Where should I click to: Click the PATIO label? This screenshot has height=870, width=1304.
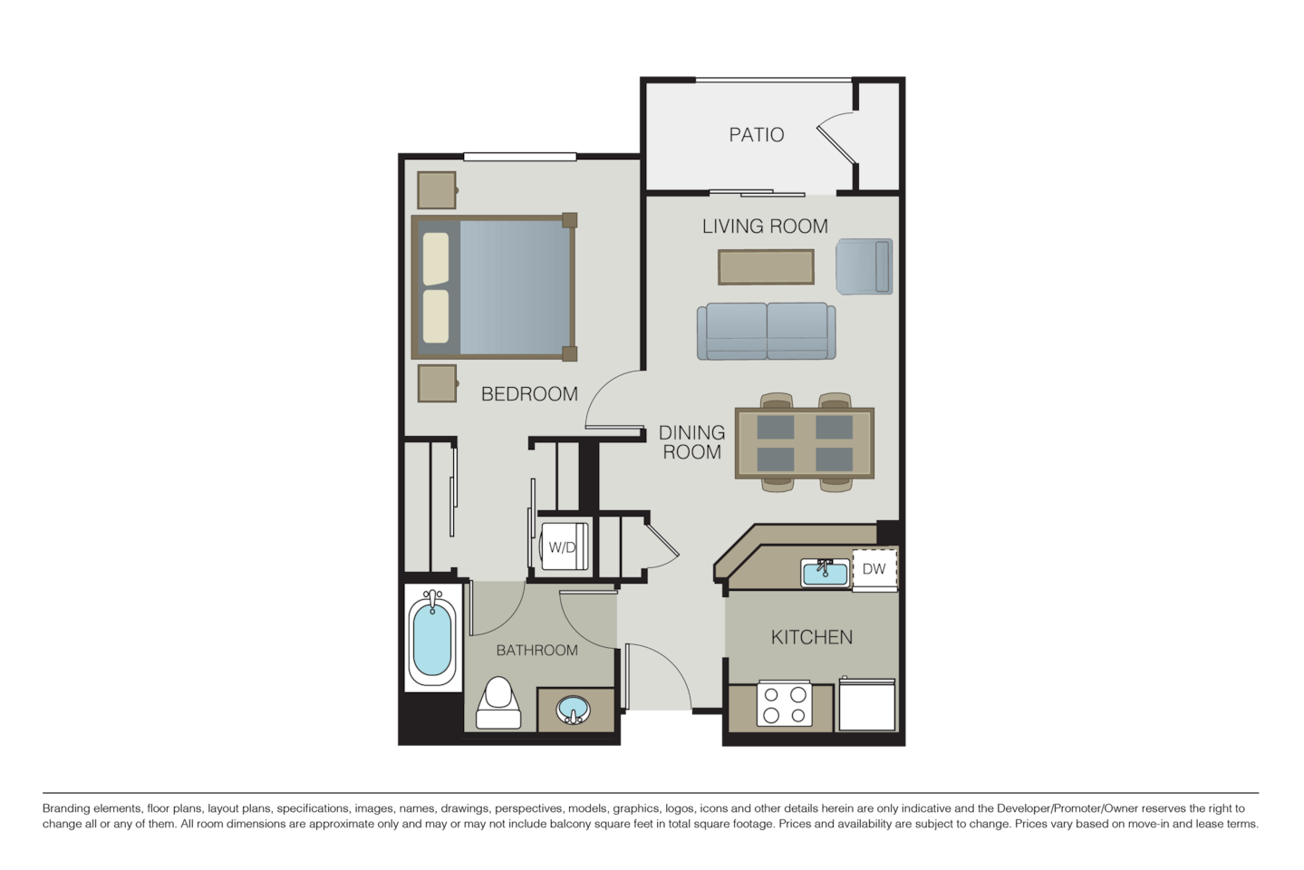(x=757, y=135)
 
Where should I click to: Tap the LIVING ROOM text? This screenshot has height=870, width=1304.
(x=765, y=226)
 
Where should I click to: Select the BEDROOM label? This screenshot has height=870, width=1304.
(x=529, y=394)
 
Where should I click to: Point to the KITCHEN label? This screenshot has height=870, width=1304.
(x=811, y=637)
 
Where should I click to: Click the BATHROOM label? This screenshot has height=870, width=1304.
(x=536, y=651)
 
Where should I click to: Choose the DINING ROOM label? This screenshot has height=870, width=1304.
(x=691, y=442)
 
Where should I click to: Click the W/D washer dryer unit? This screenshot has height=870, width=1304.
(x=564, y=547)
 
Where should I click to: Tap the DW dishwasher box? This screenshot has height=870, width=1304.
(x=874, y=570)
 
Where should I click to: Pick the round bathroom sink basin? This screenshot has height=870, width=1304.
(x=572, y=708)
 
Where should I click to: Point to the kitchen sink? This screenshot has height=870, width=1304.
(x=825, y=573)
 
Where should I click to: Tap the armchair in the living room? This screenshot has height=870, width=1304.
(x=864, y=266)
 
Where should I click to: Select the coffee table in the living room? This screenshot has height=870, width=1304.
(x=766, y=266)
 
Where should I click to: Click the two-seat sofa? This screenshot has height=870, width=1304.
(x=767, y=331)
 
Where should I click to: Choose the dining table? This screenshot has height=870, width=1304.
(x=804, y=442)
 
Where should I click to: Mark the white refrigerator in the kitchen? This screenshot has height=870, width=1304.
(x=867, y=704)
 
